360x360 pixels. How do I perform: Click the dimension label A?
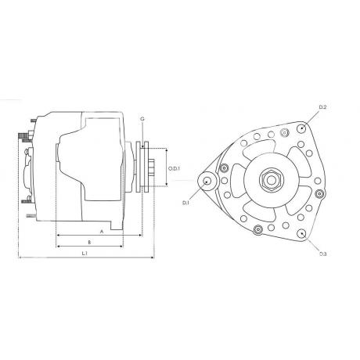102,232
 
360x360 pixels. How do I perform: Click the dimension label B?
89,243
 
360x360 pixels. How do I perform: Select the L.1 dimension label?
85,254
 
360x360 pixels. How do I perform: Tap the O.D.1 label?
175,169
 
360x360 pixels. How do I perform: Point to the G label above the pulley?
142,119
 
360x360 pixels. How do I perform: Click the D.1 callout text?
185,203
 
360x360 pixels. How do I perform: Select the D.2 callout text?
323,107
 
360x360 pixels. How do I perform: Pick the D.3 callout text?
323,254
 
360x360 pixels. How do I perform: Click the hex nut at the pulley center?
272,180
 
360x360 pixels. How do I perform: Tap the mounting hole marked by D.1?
207,181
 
